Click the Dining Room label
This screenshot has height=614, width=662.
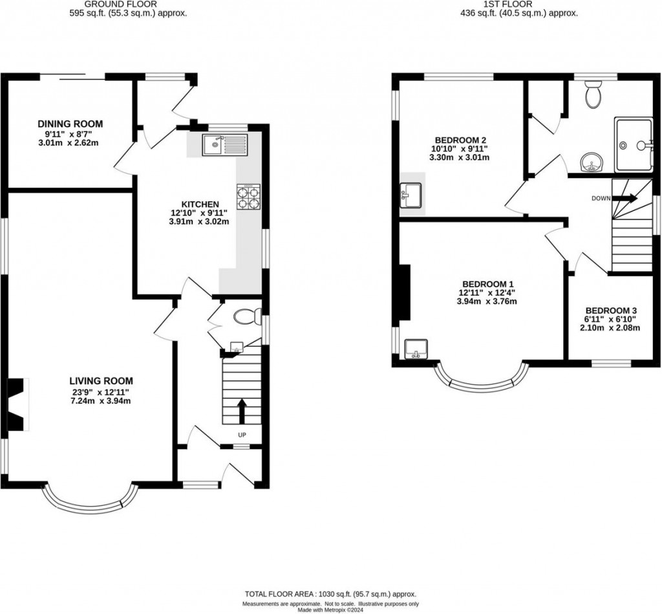pos(70,124)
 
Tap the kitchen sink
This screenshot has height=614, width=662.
pos(224,145)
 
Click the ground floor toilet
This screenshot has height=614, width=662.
pos(246,317)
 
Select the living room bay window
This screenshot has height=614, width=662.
pos(91,501)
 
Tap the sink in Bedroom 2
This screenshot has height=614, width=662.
pos(412,193)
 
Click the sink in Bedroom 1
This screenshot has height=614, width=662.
pos(414,349)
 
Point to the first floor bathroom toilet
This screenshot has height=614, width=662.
pos(593,96)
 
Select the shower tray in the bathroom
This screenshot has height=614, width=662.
pos(632,145)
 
